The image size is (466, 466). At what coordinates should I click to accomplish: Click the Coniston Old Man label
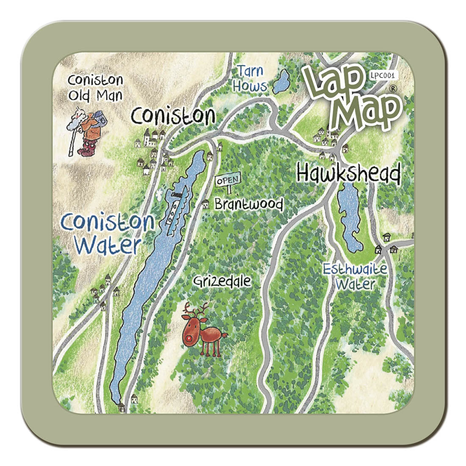coord(95,87)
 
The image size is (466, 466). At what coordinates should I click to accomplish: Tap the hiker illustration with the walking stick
coord(85,131)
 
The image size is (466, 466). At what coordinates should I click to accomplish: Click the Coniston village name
coord(173,115)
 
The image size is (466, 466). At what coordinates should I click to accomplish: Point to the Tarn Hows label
coord(251,78)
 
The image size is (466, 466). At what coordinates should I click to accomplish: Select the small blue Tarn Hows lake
coord(280,82)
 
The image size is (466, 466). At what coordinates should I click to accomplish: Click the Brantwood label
coord(249,204)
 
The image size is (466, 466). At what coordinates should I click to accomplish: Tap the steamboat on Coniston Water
coord(174,208)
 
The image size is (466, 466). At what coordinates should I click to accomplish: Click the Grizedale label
coord(222,281)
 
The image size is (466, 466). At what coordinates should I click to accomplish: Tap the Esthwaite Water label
coord(355,276)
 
